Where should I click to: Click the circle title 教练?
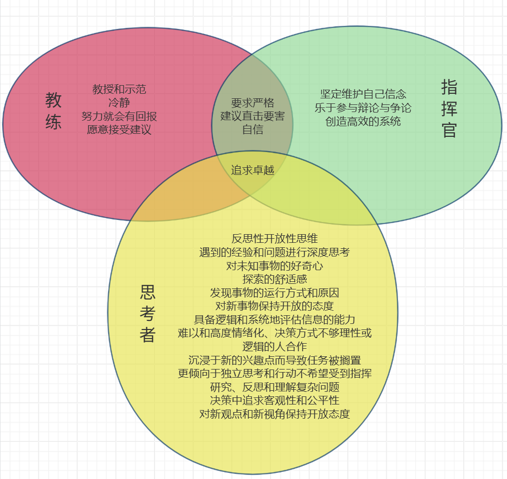coord(53,111)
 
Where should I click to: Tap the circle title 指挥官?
coord(449,108)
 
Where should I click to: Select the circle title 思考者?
coord(148,313)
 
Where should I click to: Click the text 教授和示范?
coord(119,89)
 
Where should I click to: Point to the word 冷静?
coord(119,102)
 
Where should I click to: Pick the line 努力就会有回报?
coord(119,116)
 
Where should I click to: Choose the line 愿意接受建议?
coord(119,129)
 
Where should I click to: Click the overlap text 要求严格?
coord(252,102)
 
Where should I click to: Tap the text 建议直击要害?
coord(252,116)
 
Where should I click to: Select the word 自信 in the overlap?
coord(252,129)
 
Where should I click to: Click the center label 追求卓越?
coord(252,170)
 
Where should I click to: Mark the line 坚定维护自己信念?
coord(363,94)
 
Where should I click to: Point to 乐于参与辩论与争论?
coord(363,107)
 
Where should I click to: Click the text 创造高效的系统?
coord(363,121)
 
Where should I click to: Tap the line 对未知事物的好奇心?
coord(275,265)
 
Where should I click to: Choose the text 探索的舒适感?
coord(275,279)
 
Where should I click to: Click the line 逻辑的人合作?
coord(275,347)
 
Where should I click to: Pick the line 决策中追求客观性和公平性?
coord(275,400)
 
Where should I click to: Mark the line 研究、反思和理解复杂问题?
coord(275,387)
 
